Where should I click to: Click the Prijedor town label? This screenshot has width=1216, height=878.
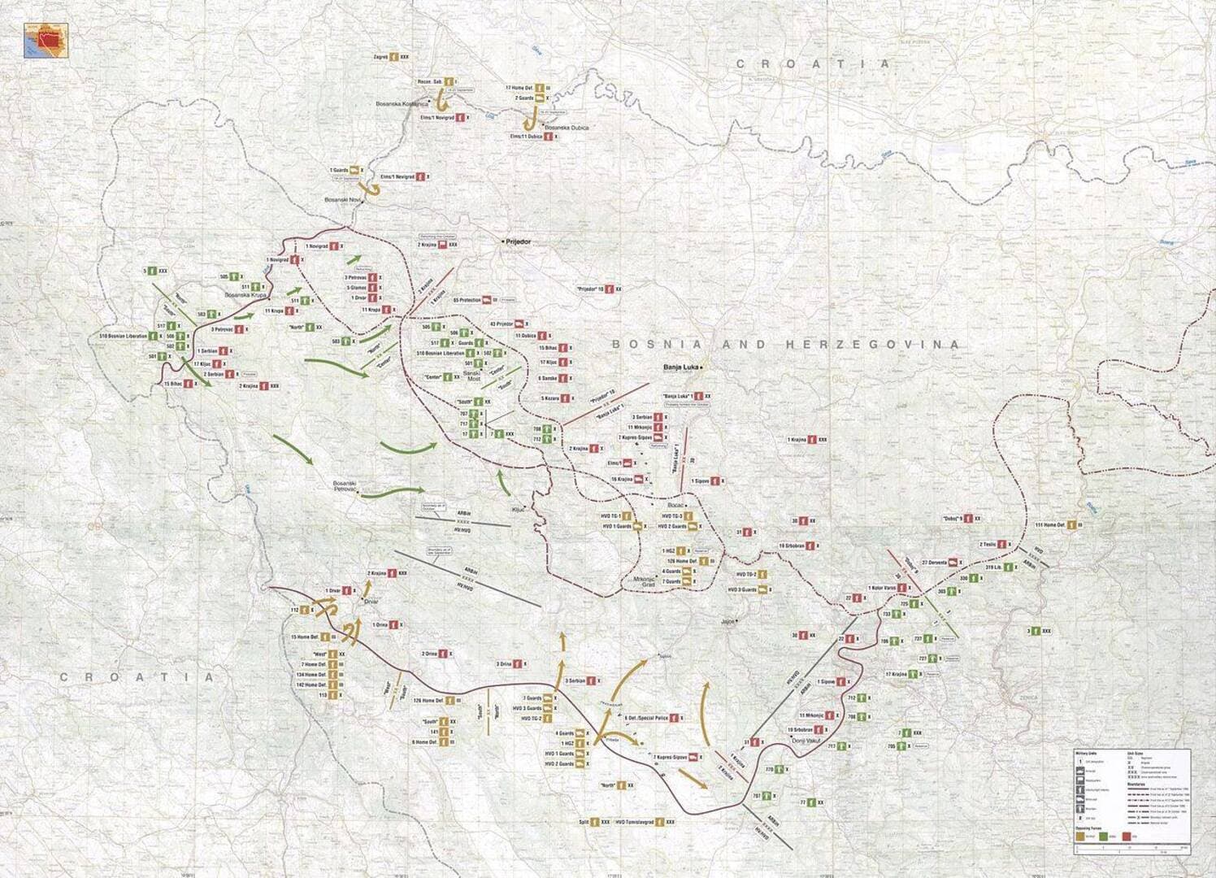[x=518, y=242]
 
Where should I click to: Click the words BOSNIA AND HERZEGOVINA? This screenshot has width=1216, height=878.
[x=784, y=345]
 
